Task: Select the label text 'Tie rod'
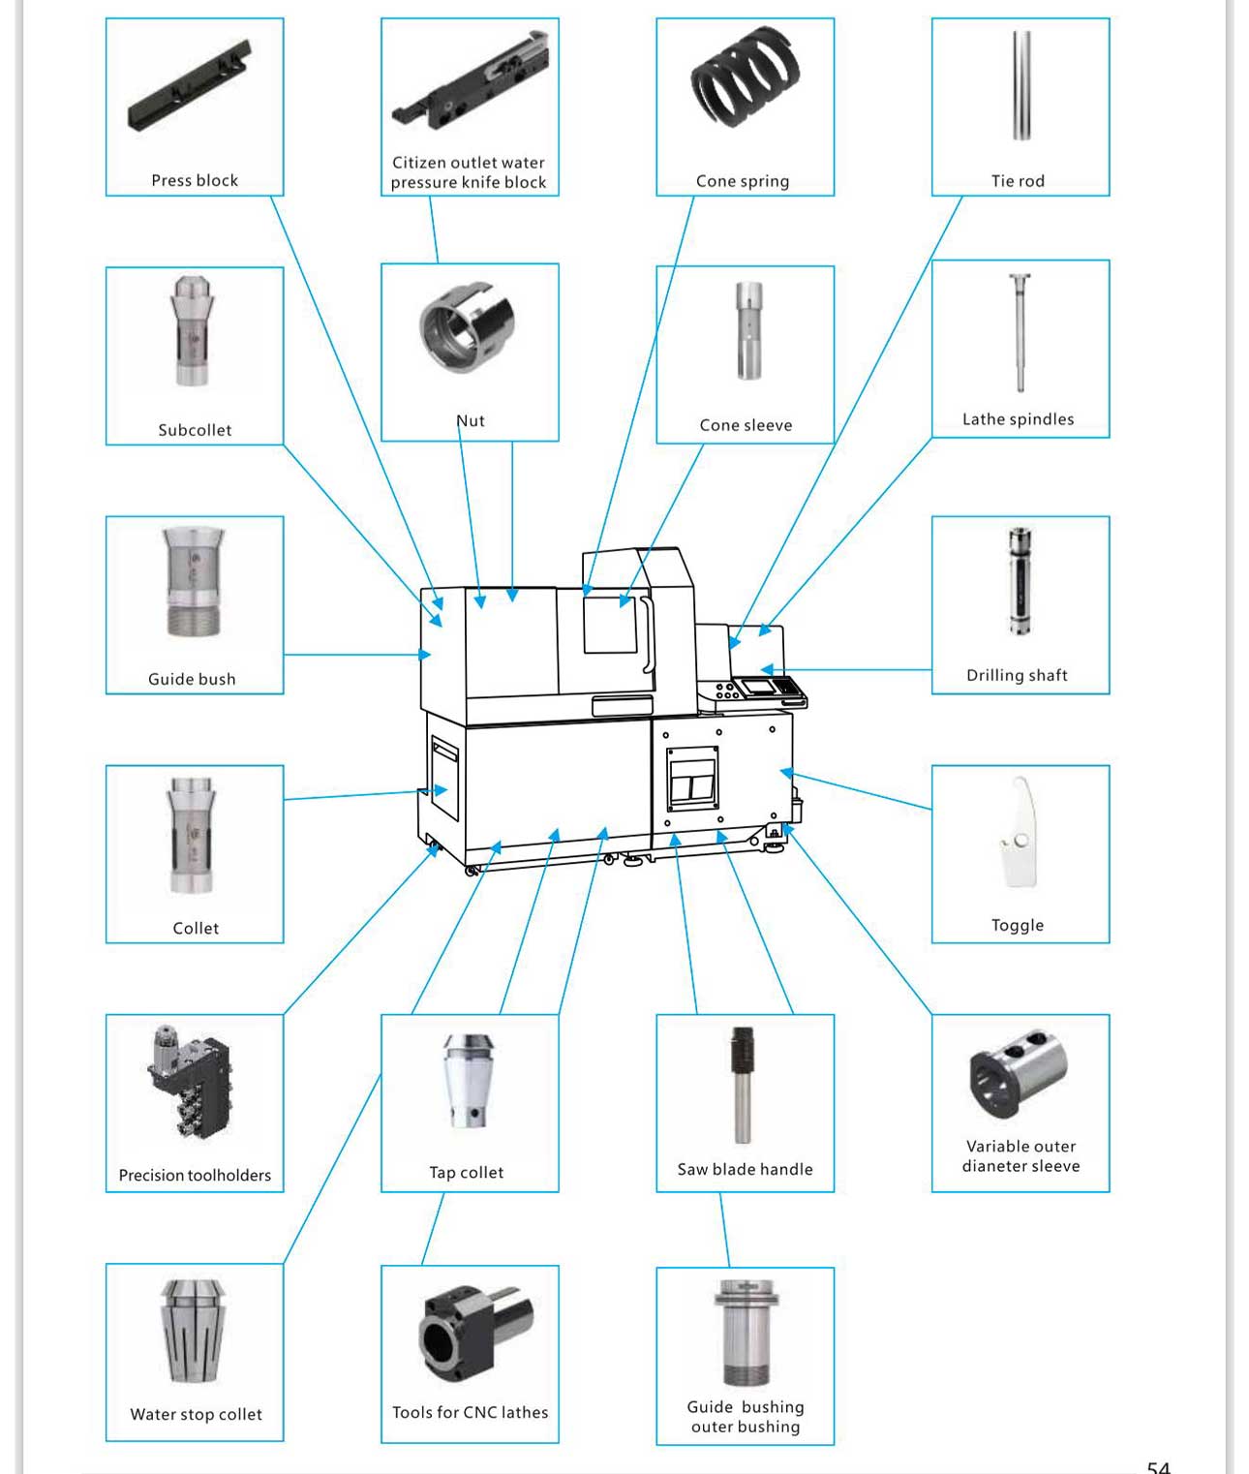pos(1018,181)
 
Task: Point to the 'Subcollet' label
pos(195,430)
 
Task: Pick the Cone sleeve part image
pos(747,330)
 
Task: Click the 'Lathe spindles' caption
pos(1018,419)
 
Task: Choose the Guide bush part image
pos(194,582)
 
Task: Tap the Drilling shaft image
pos(1020,581)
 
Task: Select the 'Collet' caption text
pos(196,929)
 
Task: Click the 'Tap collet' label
pos(467,1173)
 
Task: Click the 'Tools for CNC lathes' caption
pos(470,1413)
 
